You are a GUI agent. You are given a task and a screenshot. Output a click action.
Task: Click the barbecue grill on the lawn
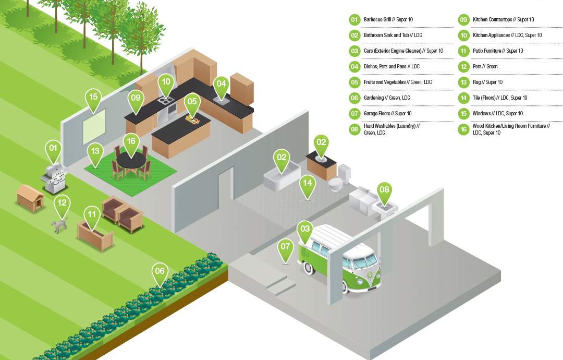[x=54, y=177]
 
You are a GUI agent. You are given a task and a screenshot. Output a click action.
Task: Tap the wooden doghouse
[x=30, y=197]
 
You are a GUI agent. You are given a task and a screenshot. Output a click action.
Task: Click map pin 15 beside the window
[x=93, y=99]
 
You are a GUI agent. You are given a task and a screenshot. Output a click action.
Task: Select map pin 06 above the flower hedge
[x=160, y=272]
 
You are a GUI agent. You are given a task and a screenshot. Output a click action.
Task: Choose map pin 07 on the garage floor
[x=285, y=248]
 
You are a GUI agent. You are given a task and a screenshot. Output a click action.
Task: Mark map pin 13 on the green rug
[x=95, y=152]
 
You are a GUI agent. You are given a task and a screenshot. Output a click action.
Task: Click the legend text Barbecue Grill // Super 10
[x=388, y=20]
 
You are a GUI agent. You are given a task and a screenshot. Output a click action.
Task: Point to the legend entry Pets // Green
[x=485, y=67]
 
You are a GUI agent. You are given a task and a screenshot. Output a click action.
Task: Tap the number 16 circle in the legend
[x=463, y=129]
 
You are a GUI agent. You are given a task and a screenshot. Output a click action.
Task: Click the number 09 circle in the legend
[x=463, y=20]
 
